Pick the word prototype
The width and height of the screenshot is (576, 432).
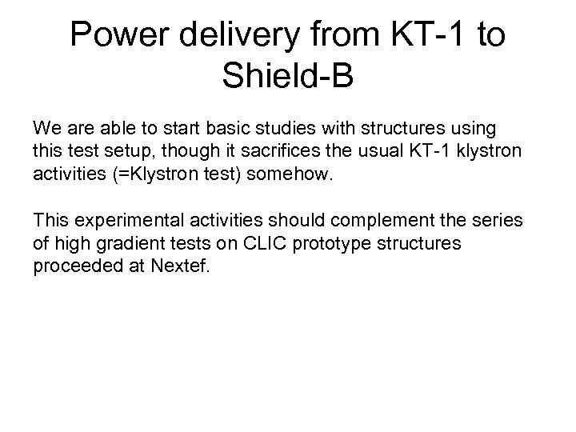coord(322,242)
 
